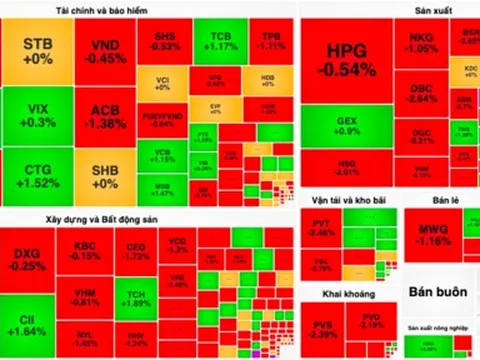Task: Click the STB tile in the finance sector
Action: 38,52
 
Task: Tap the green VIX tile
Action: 38,115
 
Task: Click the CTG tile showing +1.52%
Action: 38,176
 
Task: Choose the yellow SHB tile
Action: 104,176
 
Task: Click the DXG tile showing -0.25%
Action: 28,259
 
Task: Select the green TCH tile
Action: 138,297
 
